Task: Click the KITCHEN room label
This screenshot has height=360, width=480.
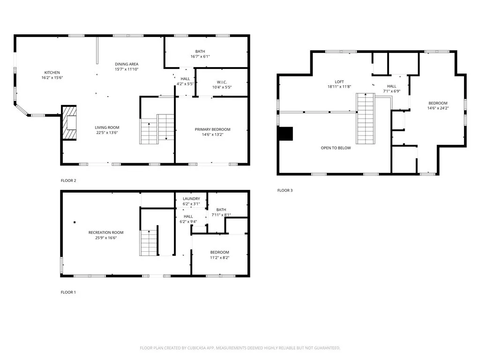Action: click(52, 72)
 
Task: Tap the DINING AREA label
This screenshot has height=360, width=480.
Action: click(127, 64)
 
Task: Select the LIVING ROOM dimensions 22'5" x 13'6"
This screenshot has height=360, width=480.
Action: click(107, 132)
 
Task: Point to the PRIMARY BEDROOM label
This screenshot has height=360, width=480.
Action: click(212, 129)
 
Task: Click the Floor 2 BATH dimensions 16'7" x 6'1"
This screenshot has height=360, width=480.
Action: click(200, 57)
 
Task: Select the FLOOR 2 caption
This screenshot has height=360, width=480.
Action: click(68, 180)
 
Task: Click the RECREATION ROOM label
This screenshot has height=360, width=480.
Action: click(106, 232)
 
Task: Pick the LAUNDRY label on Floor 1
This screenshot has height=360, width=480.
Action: click(191, 199)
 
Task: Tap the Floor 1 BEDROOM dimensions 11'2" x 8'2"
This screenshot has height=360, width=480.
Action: click(219, 257)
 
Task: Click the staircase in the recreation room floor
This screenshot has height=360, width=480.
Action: click(149, 242)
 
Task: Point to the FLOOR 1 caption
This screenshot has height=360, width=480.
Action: click(68, 292)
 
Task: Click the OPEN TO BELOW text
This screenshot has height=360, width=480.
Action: click(336, 148)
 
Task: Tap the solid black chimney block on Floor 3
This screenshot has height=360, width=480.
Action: click(285, 134)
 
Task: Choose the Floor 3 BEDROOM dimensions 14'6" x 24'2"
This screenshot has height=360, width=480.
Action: click(437, 108)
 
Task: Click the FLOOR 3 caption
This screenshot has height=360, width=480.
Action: click(285, 190)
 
